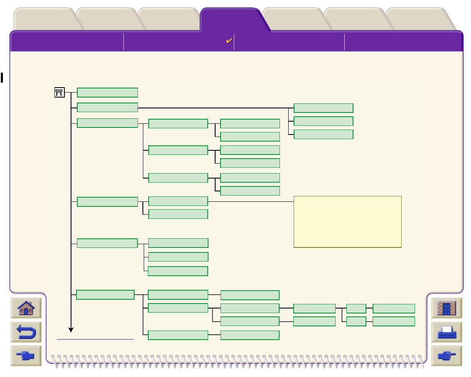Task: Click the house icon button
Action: point(26,308)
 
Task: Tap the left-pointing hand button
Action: point(26,356)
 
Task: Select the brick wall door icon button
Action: point(446,308)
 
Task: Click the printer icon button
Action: point(446,332)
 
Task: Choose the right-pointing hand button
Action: point(446,356)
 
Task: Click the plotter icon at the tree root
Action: point(59,93)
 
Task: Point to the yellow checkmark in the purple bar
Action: point(228,41)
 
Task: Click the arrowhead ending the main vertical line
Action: point(71,330)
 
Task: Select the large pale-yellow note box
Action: point(347,222)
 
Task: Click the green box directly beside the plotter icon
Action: point(107,92)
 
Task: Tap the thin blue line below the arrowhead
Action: point(95,339)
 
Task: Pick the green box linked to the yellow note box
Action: point(178,201)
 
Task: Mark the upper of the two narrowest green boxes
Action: point(356,308)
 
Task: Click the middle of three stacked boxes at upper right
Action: point(324,121)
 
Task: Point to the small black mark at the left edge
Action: point(2,77)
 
